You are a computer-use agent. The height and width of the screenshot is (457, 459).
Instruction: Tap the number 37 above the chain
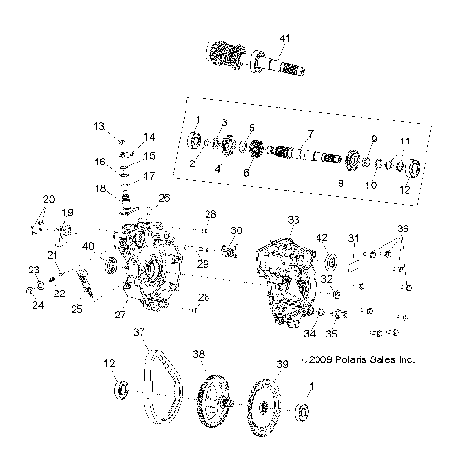pyautogui.click(x=140, y=332)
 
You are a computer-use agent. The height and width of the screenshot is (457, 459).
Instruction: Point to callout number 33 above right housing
pyautogui.click(x=294, y=219)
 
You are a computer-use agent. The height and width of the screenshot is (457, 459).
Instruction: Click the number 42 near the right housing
pyautogui.click(x=322, y=238)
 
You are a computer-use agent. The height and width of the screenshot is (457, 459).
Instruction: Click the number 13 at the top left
pyautogui.click(x=98, y=126)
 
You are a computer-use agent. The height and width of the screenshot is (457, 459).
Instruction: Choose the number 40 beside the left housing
pyautogui.click(x=89, y=246)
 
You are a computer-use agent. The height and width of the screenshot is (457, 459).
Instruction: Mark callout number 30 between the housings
pyautogui.click(x=236, y=230)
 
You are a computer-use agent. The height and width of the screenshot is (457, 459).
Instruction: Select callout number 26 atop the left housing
pyautogui.click(x=164, y=198)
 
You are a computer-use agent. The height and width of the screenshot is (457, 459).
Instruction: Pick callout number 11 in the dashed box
pyautogui.click(x=404, y=141)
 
